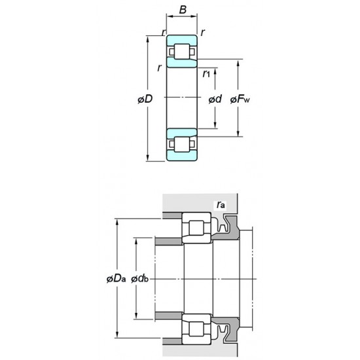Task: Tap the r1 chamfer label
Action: [x=206, y=73]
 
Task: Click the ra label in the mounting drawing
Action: [x=221, y=205]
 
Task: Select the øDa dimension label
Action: [x=115, y=279]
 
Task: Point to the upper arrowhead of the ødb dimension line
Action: [x=136, y=240]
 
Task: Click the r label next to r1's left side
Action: [x=159, y=68]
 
